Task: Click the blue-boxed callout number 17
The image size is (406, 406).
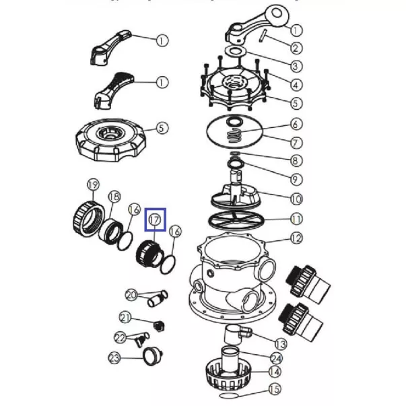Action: point(155,220)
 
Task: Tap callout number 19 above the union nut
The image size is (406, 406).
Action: point(93,185)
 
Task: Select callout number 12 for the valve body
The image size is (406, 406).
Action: point(296,238)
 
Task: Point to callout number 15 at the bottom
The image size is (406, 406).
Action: point(275,389)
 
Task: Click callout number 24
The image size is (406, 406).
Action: point(276,359)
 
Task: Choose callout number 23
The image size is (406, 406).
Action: point(114,358)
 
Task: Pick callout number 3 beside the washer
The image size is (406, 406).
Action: point(296,66)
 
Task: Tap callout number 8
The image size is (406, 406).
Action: point(296,161)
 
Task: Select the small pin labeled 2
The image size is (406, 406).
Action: point(263,36)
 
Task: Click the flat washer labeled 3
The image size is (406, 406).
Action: point(235,51)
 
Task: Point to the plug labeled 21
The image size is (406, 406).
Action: point(158,327)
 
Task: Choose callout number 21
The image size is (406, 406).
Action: point(126,318)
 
